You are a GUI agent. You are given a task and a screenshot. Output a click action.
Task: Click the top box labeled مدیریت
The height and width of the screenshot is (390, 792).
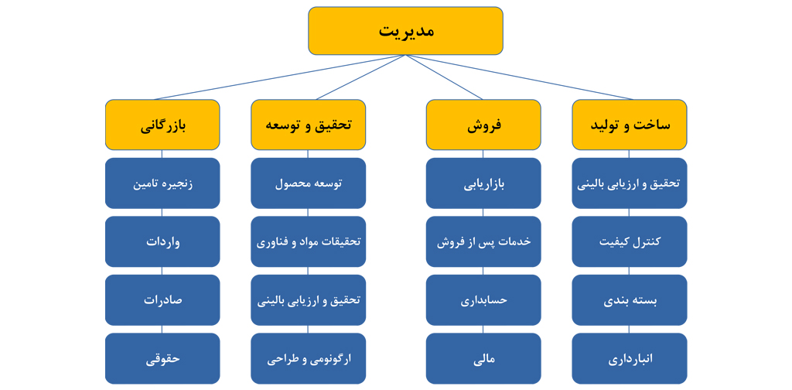coord(405,31)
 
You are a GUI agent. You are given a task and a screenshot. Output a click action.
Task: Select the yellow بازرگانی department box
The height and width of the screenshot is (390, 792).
coord(162,125)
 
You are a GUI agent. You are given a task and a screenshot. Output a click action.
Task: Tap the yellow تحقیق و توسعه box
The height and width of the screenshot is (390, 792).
coord(308,125)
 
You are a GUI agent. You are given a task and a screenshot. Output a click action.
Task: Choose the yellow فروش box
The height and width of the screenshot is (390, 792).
coord(483,125)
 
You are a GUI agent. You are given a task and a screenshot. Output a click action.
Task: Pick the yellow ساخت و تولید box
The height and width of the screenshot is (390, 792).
coord(630,125)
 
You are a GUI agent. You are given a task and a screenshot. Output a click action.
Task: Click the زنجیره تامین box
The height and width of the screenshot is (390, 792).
coord(162,183)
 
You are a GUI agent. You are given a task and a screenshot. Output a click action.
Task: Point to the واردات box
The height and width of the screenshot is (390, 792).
coord(162,241)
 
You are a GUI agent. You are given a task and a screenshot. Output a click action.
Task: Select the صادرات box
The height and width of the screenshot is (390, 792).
coord(162,300)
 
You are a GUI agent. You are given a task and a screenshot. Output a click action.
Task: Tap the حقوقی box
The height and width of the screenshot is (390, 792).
coord(162,358)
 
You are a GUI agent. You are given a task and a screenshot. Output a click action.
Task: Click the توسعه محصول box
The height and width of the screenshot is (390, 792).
coord(308,183)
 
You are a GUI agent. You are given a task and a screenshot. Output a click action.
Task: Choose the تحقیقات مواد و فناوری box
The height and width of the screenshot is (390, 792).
coord(308,241)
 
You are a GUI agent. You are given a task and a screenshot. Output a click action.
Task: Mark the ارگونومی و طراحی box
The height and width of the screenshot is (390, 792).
coord(308,358)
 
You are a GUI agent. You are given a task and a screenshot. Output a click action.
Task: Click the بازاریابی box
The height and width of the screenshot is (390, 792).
coord(483,183)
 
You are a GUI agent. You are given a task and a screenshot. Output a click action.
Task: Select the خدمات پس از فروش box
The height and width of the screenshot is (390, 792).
coord(483,241)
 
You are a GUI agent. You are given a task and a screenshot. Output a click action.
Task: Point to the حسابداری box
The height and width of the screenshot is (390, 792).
coord(483,300)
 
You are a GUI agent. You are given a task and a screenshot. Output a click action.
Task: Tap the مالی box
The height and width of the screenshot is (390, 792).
coord(483,358)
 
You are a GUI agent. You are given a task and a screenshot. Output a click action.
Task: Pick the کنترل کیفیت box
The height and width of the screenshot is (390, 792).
coord(630,241)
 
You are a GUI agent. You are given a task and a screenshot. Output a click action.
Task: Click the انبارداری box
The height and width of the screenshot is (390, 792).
coord(630,358)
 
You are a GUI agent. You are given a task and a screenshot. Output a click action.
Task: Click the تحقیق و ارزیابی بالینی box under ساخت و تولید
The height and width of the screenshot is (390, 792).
coord(630,183)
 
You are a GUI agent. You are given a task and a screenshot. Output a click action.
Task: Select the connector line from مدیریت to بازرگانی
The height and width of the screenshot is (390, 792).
coord(278,77)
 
